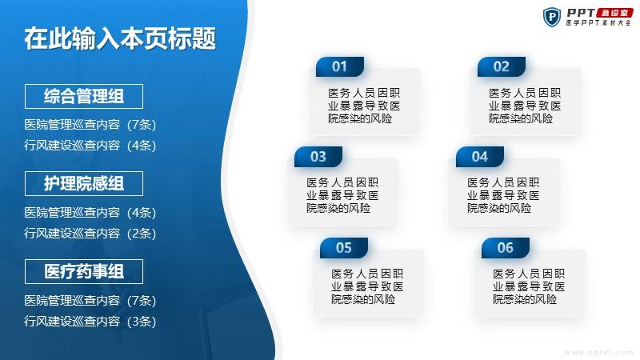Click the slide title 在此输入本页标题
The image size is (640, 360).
pyautogui.click(x=120, y=38)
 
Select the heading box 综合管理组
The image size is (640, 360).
pyautogui.click(x=84, y=96)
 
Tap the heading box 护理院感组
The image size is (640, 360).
pyautogui.click(x=84, y=184)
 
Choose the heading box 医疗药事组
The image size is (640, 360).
pyautogui.click(x=84, y=271)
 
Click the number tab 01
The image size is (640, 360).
pyautogui.click(x=339, y=66)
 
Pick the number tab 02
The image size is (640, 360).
pyautogui.click(x=502, y=66)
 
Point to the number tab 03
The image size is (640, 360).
pyautogui.click(x=318, y=157)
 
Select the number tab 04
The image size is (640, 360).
pyautogui.click(x=479, y=157)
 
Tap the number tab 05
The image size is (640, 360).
pyautogui.click(x=344, y=248)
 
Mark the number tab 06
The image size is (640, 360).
pyautogui.click(x=506, y=248)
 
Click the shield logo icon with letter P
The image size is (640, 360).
pyautogui.click(x=552, y=17)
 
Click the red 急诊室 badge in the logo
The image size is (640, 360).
pyautogui.click(x=614, y=13)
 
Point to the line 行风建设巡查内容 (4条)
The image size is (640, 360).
pyautogui.click(x=90, y=146)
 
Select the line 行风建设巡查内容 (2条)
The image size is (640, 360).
pyautogui.click(x=90, y=233)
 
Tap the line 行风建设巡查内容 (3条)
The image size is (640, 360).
pyautogui.click(x=90, y=322)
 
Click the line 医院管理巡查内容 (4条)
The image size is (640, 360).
pyautogui.click(x=90, y=212)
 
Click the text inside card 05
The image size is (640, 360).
pyautogui.click(x=367, y=286)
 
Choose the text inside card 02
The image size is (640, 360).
pyautogui.click(x=525, y=106)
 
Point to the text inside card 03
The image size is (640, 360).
pyautogui.click(x=342, y=195)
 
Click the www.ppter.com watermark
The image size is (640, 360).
pyautogui.click(x=598, y=352)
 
